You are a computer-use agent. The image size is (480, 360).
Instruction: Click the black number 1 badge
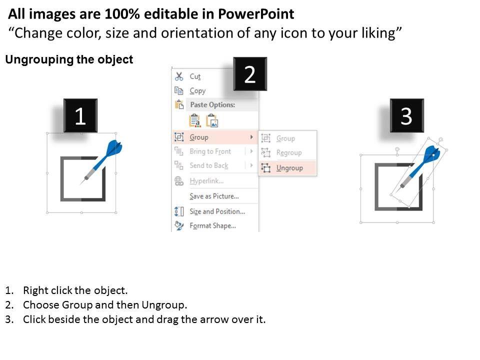pyautogui.click(x=80, y=115)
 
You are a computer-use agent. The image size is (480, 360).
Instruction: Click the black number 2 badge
pyautogui.click(x=250, y=74)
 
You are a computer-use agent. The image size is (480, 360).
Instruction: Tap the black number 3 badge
pyautogui.click(x=407, y=115)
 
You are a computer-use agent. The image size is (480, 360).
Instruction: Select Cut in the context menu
pyautogui.click(x=195, y=76)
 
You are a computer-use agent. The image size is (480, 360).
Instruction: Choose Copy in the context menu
pyautogui.click(x=197, y=91)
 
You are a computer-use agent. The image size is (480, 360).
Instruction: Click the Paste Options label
pyautogui.click(x=213, y=104)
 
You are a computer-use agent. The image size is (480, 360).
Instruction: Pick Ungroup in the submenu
pyautogui.click(x=289, y=168)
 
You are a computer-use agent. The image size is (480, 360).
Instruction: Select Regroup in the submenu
pyautogui.click(x=289, y=152)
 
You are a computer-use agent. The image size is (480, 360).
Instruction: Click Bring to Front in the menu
pyautogui.click(x=210, y=151)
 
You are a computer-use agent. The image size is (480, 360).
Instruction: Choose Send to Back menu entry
pyautogui.click(x=209, y=165)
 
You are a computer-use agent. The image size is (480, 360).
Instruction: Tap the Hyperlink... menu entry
pyautogui.click(x=206, y=181)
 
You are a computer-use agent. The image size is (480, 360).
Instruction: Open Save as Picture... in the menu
pyautogui.click(x=214, y=196)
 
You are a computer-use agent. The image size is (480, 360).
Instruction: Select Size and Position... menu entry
pyautogui.click(x=217, y=211)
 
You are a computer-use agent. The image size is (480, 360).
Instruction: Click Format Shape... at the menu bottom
pyautogui.click(x=213, y=226)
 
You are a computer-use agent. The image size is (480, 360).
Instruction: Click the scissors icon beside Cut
pyautogui.click(x=179, y=76)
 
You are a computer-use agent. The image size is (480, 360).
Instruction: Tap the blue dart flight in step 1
pyautogui.click(x=115, y=147)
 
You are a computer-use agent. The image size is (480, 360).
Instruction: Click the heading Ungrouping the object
pyautogui.click(x=69, y=59)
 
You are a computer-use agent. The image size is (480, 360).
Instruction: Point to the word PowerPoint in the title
pyautogui.click(x=256, y=14)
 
